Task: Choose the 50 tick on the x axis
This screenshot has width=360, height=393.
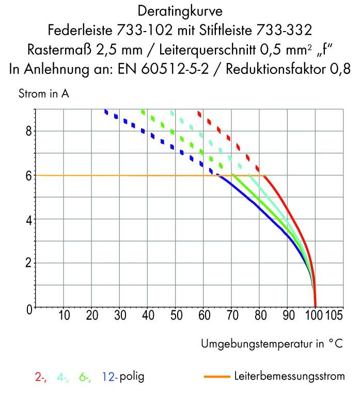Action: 176,315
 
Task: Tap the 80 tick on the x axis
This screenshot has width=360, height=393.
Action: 260,315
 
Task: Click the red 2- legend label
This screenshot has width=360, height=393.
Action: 41,377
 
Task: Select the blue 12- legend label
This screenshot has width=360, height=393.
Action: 110,377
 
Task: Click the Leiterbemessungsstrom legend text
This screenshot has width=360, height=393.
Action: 289,376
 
